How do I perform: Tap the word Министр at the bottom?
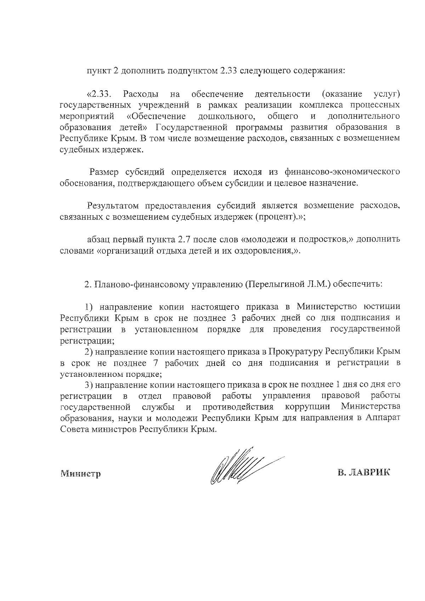[x=80, y=473]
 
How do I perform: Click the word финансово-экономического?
[x=342, y=172]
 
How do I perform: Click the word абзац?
[x=99, y=239]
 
